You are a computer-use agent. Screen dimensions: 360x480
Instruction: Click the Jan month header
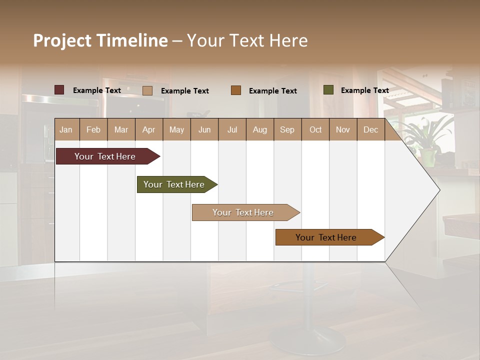click(x=66, y=129)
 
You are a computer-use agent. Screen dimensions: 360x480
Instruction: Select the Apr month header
click(x=149, y=129)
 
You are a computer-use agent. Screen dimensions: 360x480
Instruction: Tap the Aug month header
click(x=260, y=129)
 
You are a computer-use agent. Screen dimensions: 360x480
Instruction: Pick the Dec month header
click(x=371, y=129)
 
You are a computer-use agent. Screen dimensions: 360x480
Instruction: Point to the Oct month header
click(x=315, y=129)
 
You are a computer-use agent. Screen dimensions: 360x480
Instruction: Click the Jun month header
click(x=204, y=129)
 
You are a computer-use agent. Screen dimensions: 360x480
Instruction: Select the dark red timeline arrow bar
click(x=105, y=156)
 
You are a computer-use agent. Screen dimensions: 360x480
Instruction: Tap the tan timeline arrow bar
click(x=243, y=212)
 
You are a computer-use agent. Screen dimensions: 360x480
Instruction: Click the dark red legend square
click(x=59, y=90)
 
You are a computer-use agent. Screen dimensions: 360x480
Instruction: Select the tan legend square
click(x=147, y=90)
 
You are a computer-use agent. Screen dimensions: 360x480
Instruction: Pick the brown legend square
click(x=236, y=90)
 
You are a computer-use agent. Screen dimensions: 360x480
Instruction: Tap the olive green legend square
click(x=328, y=90)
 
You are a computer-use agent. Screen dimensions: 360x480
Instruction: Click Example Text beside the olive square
click(x=365, y=90)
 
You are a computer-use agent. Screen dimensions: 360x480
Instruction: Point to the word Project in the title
click(x=62, y=40)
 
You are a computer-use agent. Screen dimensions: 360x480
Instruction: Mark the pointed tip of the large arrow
click(x=438, y=189)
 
